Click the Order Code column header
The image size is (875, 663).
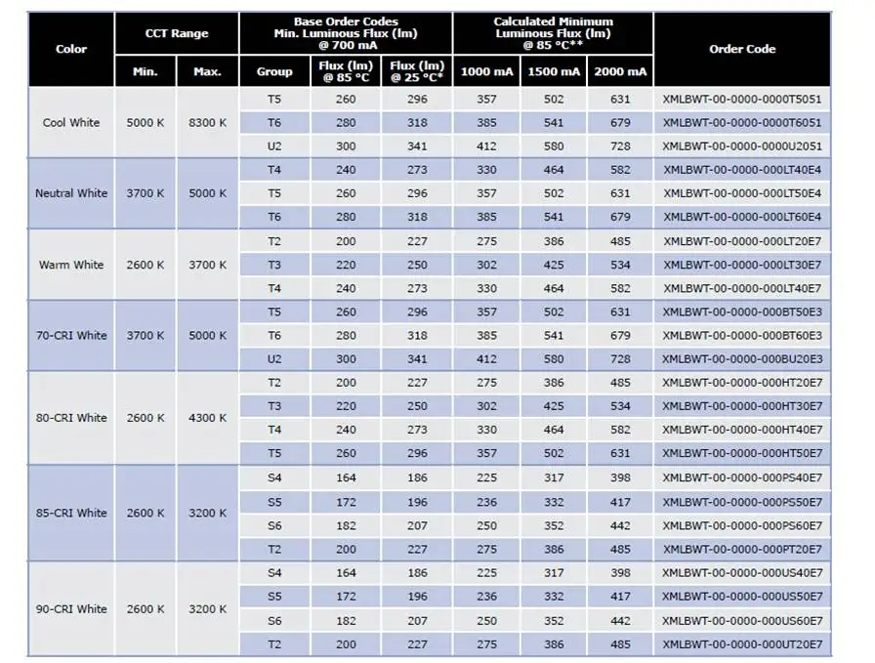[x=742, y=49]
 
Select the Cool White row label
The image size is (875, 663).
[x=71, y=123]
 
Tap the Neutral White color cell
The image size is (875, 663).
[x=71, y=193]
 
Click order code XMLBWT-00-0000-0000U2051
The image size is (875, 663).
[x=742, y=146]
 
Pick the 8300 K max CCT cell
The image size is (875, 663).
[x=207, y=123]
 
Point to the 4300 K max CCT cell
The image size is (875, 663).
[x=207, y=418]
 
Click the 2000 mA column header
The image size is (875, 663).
[x=620, y=71]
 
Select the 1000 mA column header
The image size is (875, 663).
[x=486, y=71]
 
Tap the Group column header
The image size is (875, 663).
[x=274, y=71]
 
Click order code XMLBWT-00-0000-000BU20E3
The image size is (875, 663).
[x=742, y=359]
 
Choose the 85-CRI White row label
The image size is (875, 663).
[x=71, y=513]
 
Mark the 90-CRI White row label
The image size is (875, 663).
[x=71, y=609]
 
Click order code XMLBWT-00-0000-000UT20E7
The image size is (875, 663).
[x=742, y=644]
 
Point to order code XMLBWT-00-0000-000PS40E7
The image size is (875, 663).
[x=742, y=477]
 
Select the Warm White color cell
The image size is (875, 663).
[x=71, y=265]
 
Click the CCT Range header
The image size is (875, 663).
[x=177, y=33]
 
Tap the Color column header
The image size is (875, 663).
[x=71, y=49]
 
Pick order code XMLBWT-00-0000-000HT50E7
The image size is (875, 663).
[x=742, y=453]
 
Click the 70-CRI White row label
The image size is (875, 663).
[x=71, y=336]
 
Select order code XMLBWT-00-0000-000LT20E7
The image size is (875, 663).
[x=742, y=241]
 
